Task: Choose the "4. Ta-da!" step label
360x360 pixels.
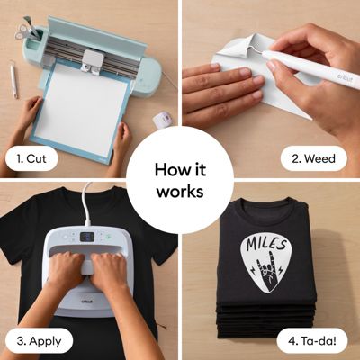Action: pos(315,341)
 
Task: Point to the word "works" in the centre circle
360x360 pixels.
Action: pos(180,191)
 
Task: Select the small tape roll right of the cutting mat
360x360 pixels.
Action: pos(163,119)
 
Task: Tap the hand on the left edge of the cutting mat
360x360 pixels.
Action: pos(29,112)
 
